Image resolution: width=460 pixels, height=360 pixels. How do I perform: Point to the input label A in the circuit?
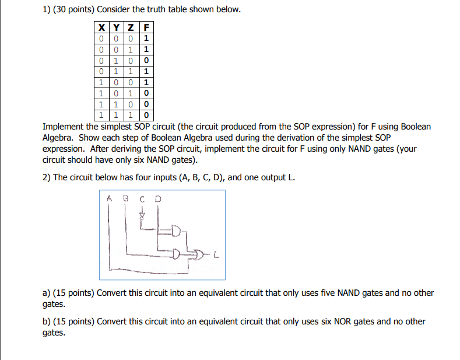pos(109,198)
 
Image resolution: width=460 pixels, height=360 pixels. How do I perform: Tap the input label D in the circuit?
pos(156,198)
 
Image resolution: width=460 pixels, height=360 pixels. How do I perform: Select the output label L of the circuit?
pos(216,254)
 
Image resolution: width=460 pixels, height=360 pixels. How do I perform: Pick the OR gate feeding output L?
pos(199,254)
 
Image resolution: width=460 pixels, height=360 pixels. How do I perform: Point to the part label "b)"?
pos(47,321)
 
